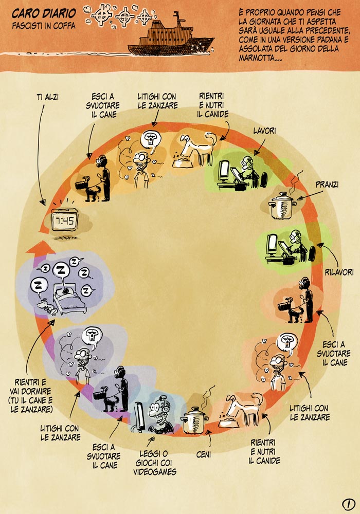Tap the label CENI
click(204, 454)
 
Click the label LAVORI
click(265, 131)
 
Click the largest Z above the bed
click(61, 269)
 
